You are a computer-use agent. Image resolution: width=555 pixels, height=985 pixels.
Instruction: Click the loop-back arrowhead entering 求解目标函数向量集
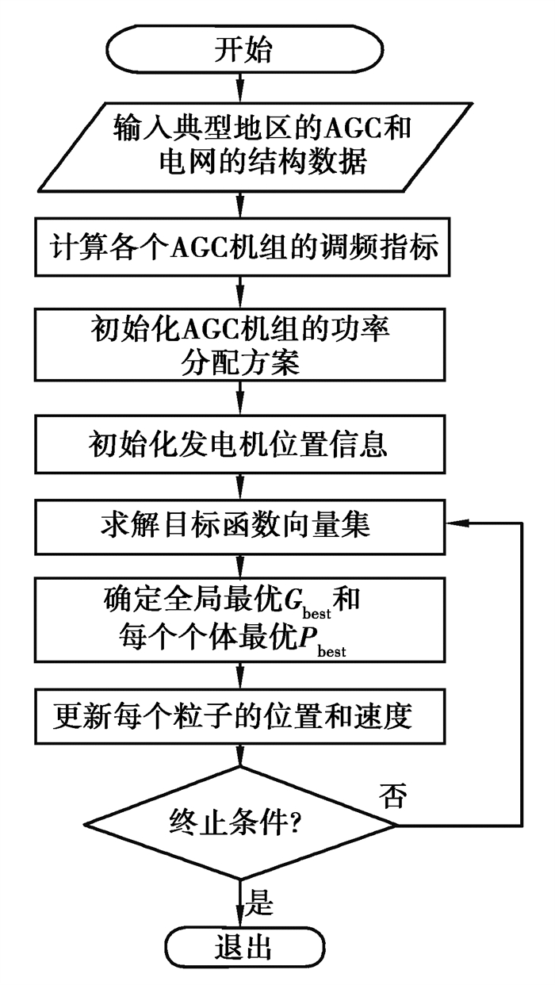pyautogui.click(x=456, y=524)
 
